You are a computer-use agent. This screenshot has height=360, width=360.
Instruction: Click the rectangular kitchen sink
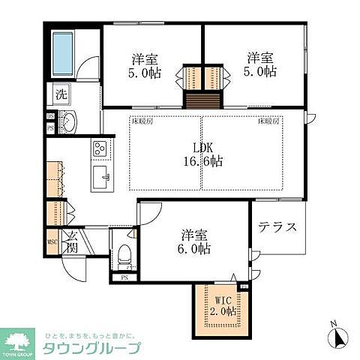click(100, 178)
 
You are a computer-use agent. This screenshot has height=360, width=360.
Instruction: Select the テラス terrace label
click(278, 227)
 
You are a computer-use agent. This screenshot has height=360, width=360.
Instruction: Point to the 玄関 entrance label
click(73, 242)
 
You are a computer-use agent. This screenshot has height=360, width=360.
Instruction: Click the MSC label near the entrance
click(52, 242)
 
